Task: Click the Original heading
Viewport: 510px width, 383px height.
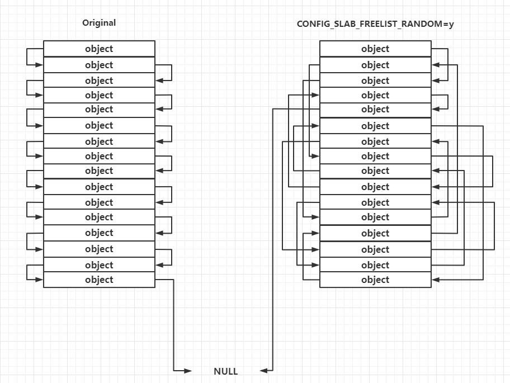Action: [x=99, y=23]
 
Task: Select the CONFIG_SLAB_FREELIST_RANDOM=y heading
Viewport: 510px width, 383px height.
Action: [x=375, y=25]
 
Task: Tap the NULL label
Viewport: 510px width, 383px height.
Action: [x=226, y=371]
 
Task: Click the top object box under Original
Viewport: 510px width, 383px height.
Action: [x=99, y=49]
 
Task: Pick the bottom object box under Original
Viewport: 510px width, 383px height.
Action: [x=99, y=280]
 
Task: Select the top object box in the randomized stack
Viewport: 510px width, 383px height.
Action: [x=375, y=49]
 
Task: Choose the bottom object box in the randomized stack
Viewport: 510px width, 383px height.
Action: [x=375, y=280]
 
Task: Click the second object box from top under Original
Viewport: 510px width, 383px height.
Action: [x=99, y=65]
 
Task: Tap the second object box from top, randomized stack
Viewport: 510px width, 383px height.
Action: [x=375, y=65]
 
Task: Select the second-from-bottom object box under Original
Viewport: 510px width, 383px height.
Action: [x=99, y=265]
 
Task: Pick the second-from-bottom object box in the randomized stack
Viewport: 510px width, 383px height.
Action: [x=375, y=265]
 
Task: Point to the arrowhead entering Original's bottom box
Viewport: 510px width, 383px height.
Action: [x=40, y=280]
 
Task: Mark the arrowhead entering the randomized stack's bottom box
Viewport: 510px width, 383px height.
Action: [x=435, y=280]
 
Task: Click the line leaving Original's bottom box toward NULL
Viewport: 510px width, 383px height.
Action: [x=174, y=324]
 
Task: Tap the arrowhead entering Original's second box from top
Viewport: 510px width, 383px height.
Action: [x=40, y=65]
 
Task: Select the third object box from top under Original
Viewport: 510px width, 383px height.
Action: [x=99, y=81]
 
